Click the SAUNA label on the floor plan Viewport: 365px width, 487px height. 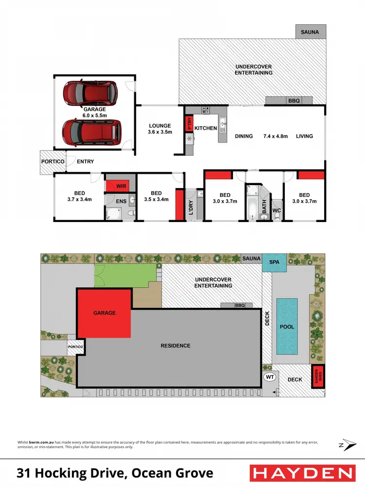[x=310, y=32]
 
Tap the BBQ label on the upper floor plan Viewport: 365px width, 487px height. [x=294, y=101]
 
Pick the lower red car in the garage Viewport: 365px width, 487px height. [x=91, y=130]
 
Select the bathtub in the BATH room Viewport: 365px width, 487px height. [x=252, y=207]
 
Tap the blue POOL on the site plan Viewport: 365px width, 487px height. [x=287, y=326]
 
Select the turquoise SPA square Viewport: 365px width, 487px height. [x=274, y=262]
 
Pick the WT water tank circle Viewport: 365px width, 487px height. [x=269, y=377]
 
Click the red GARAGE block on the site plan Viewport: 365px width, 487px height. [x=105, y=313]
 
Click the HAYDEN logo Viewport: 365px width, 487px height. [x=301, y=473]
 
